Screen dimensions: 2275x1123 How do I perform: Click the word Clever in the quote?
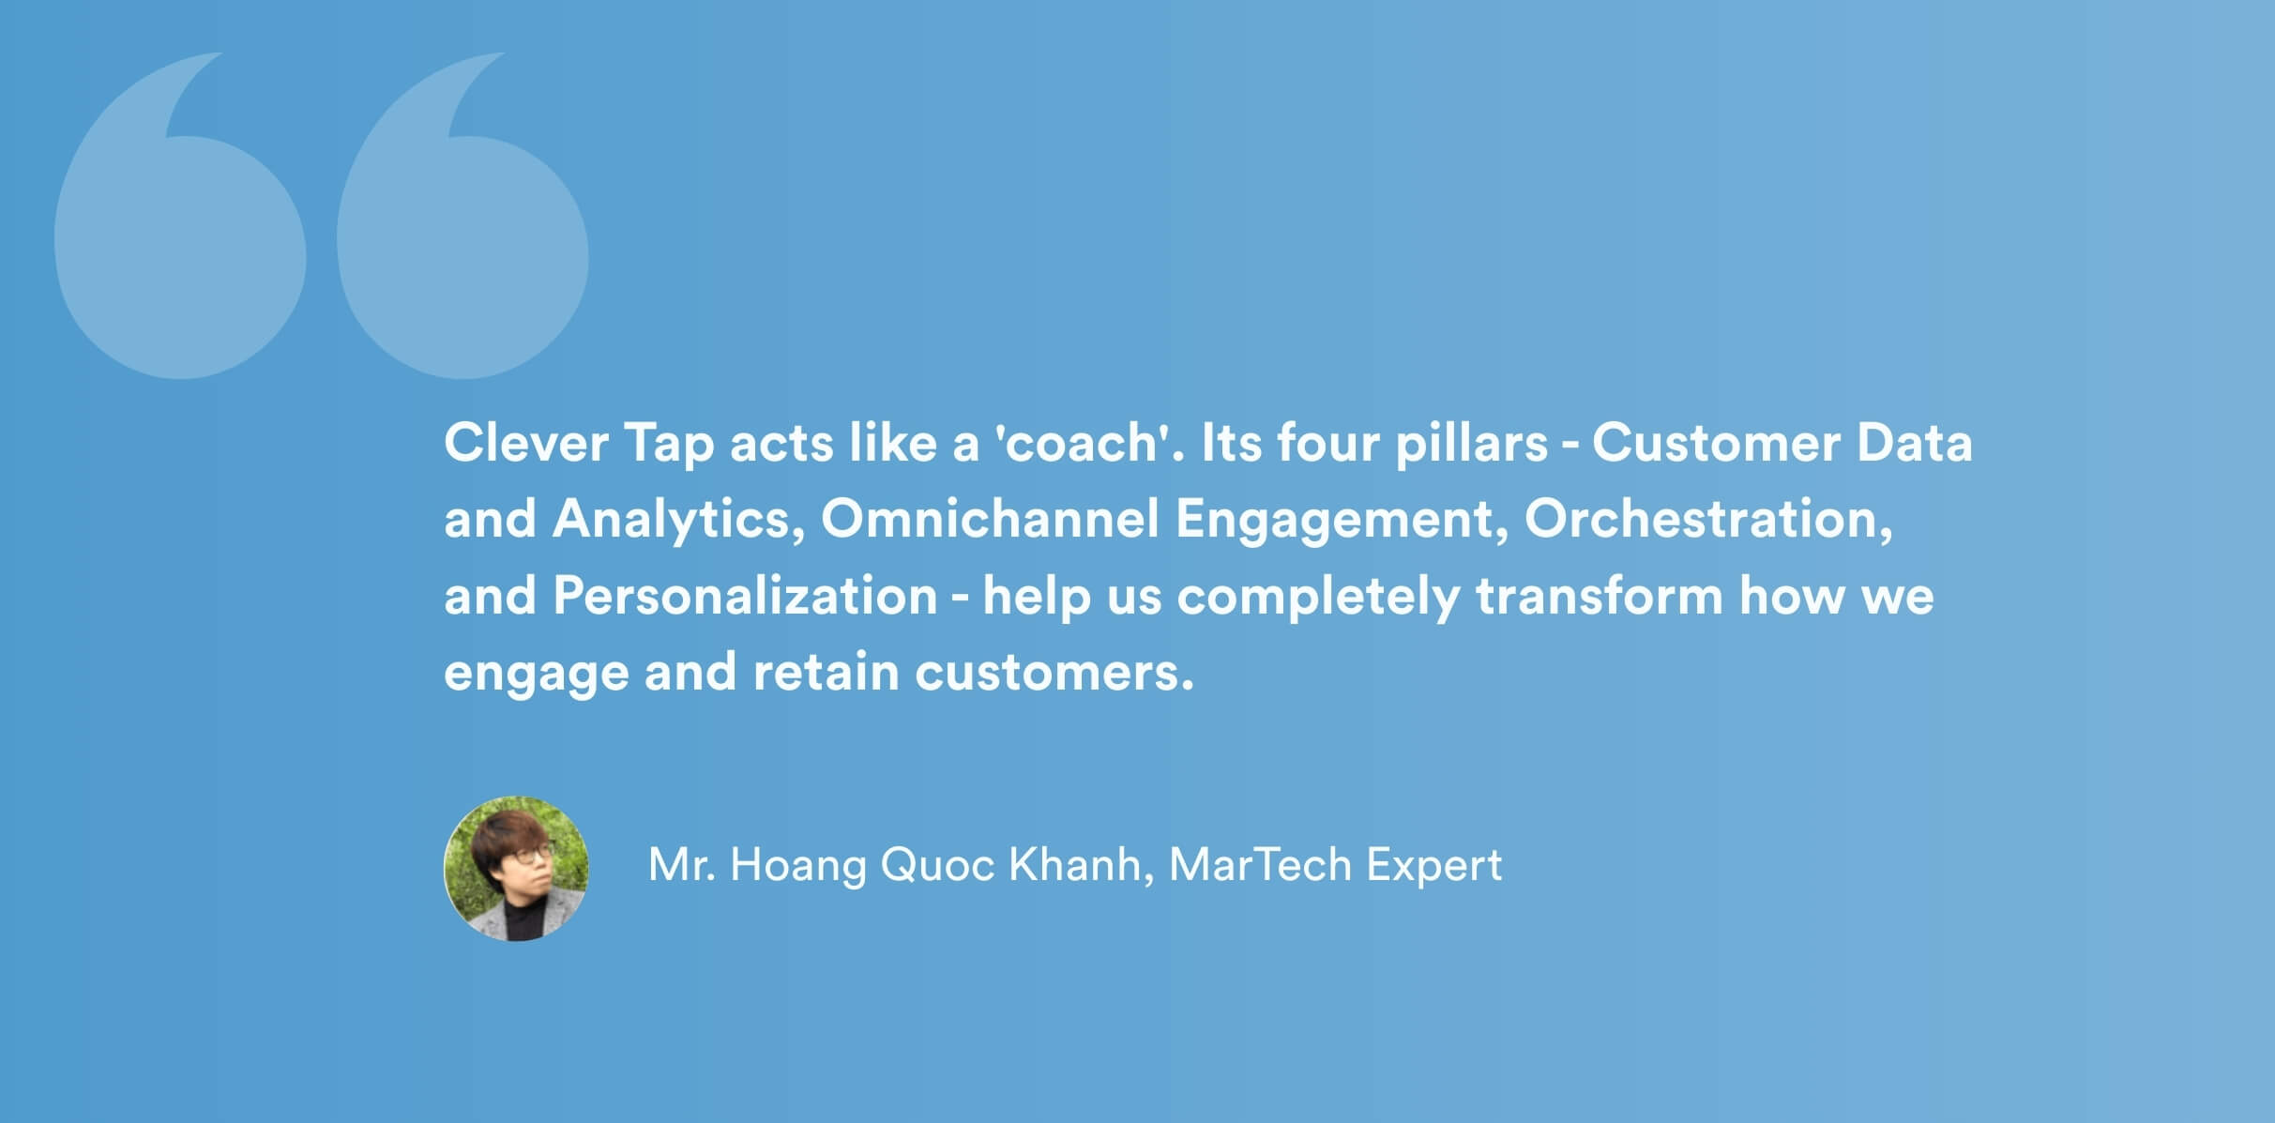(x=526, y=443)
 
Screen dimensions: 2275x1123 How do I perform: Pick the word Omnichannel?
(x=990, y=519)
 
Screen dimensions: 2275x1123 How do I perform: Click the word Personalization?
(x=745, y=596)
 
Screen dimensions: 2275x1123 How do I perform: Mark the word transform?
(x=1600, y=596)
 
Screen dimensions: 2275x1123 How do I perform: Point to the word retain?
(x=826, y=673)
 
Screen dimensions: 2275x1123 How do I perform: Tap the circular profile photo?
(x=516, y=869)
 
